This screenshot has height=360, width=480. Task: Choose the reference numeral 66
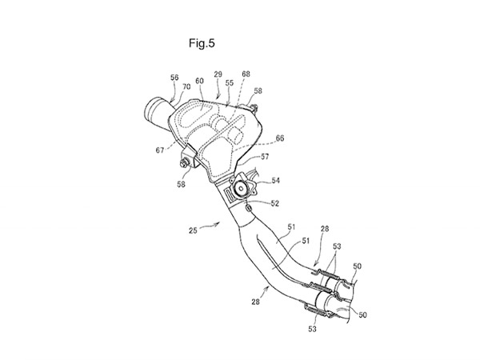click(x=279, y=138)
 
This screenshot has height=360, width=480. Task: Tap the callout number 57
click(x=264, y=158)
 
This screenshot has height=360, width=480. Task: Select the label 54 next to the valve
click(x=275, y=181)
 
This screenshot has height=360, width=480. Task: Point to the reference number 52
click(x=274, y=203)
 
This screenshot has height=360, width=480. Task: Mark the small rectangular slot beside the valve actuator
click(x=230, y=194)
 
